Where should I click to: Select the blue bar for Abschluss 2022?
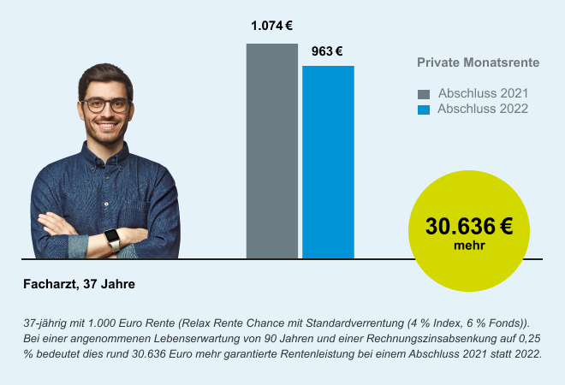[x=328, y=162]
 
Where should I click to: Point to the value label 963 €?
[x=327, y=51]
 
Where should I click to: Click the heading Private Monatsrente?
[x=478, y=63]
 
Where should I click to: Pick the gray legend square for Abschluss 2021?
[x=423, y=93]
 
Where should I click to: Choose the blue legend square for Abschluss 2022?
[x=423, y=110]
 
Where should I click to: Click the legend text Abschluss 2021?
[x=483, y=93]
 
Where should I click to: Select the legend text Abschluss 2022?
[x=483, y=110]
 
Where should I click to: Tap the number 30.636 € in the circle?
[x=469, y=227]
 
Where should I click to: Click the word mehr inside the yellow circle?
[x=469, y=246]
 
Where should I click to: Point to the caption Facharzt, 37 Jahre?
[x=79, y=283]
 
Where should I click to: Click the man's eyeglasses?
[x=106, y=105]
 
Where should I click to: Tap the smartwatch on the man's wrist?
[x=112, y=237]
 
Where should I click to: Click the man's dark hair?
[x=104, y=77]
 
